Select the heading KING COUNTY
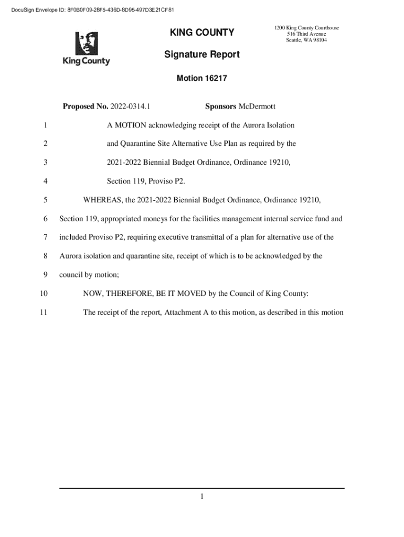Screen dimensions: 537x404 202,33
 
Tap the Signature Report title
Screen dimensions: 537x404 202,55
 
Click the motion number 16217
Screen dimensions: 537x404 214,78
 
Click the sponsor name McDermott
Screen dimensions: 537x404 257,107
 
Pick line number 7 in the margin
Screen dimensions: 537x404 46,238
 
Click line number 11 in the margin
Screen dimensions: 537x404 44,313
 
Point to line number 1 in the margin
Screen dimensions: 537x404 46,125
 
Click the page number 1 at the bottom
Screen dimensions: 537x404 201,497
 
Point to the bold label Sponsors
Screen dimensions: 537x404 220,107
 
